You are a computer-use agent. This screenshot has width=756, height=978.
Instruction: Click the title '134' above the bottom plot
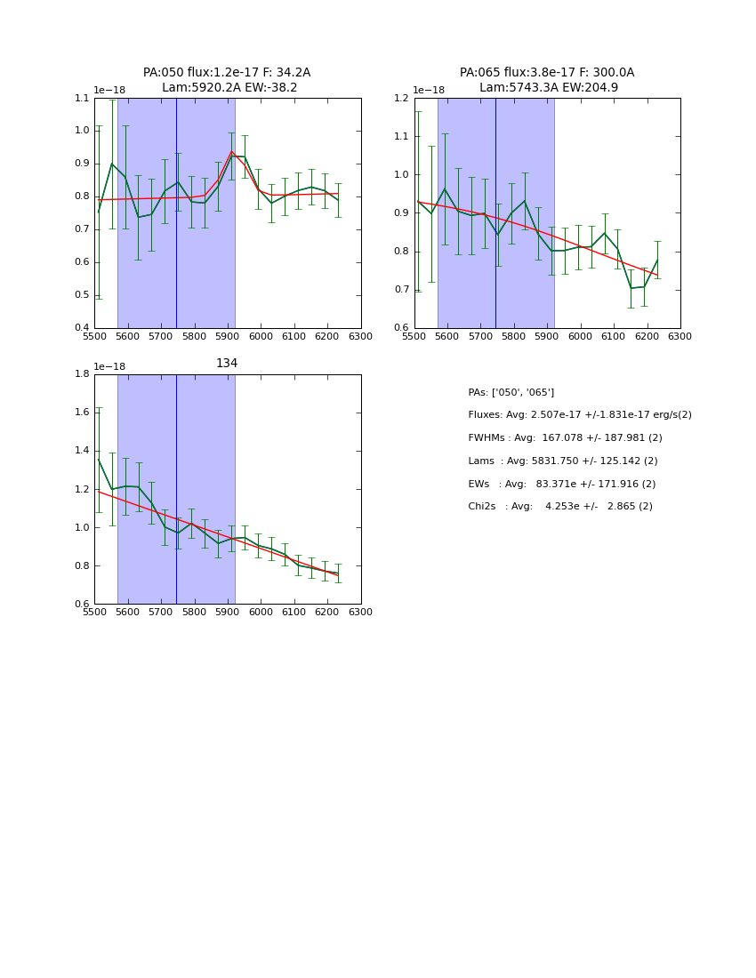[227, 363]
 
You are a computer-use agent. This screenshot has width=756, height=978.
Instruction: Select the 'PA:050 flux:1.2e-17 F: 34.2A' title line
[227, 73]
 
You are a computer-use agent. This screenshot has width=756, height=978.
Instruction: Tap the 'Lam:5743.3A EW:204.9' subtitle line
[548, 88]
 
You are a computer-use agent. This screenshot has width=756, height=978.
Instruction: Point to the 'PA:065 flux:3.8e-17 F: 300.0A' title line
[547, 73]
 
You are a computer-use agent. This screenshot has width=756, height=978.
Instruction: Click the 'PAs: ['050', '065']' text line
[511, 392]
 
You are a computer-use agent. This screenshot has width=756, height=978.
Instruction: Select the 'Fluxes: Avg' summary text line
[579, 415]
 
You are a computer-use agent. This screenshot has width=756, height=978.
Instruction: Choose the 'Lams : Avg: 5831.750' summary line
[562, 461]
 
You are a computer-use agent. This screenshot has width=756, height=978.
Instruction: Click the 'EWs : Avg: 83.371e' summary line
[562, 484]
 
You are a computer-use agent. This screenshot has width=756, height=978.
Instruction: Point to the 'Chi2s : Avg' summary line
[560, 507]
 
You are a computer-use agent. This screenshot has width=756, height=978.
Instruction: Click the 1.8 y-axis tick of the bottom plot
[82, 374]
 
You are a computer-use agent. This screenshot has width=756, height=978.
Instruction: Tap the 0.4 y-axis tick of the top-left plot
[82, 328]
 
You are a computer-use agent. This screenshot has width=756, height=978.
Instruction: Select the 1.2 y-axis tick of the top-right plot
[401, 98]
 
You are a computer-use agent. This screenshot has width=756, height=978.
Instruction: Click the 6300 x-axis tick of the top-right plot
[680, 337]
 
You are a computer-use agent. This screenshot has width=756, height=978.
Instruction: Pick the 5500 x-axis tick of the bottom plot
[94, 613]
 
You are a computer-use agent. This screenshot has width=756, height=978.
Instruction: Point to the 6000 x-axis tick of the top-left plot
[261, 337]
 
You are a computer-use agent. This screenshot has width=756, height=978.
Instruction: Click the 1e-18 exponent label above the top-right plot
[429, 90]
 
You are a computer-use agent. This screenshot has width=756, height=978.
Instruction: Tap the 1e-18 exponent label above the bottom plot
[109, 366]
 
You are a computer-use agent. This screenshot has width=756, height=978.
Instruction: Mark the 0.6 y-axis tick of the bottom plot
[82, 605]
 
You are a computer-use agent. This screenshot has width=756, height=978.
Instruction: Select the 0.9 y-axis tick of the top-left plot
[82, 164]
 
